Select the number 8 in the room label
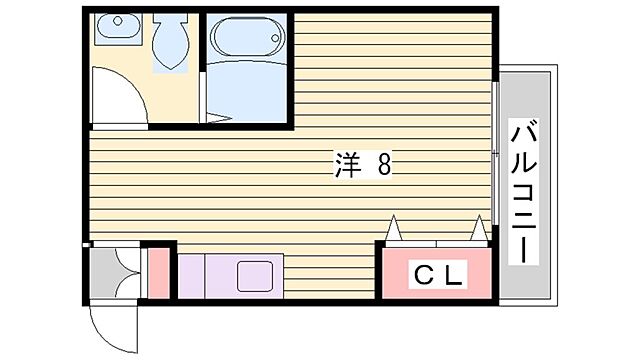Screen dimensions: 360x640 [x=383, y=167]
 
